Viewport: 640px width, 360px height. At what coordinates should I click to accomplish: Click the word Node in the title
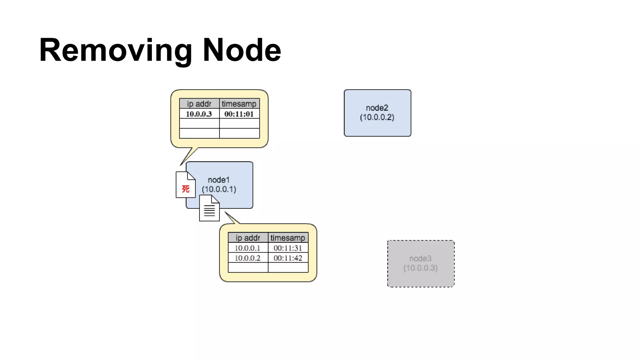[242, 50]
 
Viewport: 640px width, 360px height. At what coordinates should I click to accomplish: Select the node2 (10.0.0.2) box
[377, 113]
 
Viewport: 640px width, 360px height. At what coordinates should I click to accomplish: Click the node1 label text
[219, 180]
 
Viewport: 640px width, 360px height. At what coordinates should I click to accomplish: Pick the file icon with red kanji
[186, 185]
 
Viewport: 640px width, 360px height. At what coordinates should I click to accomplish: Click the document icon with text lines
[209, 209]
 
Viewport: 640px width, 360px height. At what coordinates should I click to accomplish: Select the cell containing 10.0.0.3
[199, 114]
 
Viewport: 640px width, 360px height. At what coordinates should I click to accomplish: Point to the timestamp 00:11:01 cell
[239, 114]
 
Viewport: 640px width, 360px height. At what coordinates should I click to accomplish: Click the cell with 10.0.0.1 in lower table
[247, 248]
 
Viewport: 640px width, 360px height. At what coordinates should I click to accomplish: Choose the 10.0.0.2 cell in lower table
[247, 258]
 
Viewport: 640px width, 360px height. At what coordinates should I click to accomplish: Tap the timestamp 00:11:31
[288, 248]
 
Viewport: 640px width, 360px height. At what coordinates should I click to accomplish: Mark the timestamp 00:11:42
[288, 258]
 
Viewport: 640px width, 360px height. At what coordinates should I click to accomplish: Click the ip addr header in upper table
[199, 104]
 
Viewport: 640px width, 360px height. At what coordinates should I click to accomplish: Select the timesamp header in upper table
[239, 104]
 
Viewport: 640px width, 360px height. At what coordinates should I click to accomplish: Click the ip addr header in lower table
[248, 238]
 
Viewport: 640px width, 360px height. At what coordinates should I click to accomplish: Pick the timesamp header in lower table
[288, 238]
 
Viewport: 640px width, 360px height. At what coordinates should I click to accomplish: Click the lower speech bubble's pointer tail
[232, 218]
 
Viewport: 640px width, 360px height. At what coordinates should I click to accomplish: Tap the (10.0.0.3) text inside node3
[421, 268]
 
